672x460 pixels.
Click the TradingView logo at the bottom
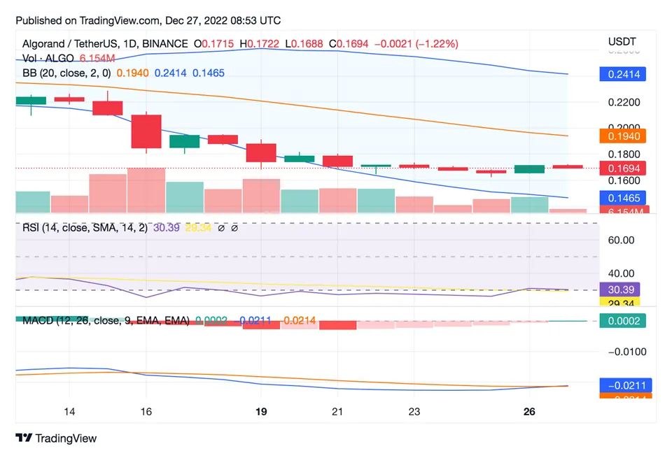point(56,438)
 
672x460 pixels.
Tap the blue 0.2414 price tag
point(623,74)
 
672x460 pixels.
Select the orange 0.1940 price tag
point(623,136)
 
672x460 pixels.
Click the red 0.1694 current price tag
point(623,168)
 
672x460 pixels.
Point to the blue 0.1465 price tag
point(623,198)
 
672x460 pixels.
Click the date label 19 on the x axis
point(261,412)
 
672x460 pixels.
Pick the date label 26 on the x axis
point(529,412)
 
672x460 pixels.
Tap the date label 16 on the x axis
point(146,412)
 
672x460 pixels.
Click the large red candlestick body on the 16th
point(146,131)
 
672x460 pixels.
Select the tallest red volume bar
point(146,189)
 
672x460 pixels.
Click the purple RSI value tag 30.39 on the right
point(619,289)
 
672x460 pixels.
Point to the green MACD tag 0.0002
point(623,320)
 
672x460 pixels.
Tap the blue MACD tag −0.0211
point(623,384)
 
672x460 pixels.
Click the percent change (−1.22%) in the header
point(437,43)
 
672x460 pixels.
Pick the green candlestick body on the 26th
point(529,169)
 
